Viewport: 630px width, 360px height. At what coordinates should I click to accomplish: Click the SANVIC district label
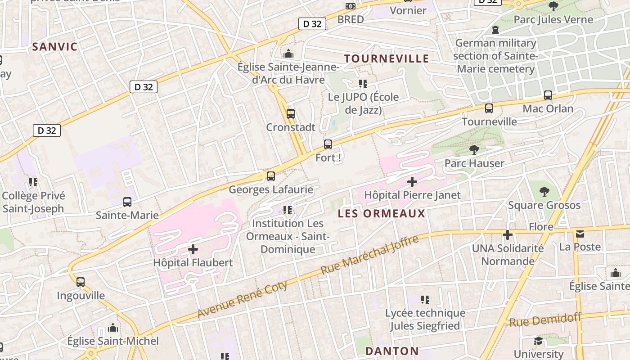click(55, 46)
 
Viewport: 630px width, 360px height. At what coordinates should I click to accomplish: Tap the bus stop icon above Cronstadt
click(291, 114)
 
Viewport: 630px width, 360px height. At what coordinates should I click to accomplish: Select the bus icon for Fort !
click(328, 144)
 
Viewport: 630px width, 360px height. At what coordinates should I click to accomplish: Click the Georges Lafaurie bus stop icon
click(270, 176)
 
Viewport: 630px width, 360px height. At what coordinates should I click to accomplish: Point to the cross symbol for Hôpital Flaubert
click(193, 249)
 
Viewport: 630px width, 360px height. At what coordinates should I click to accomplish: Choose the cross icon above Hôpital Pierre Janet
click(412, 182)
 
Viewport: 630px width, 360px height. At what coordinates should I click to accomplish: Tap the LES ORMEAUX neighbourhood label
click(382, 213)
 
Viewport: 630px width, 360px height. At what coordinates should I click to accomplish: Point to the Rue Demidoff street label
click(545, 320)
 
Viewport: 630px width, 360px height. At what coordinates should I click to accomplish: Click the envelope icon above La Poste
click(580, 234)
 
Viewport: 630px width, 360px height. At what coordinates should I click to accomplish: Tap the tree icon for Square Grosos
click(544, 192)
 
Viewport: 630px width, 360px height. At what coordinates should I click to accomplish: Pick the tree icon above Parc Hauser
click(474, 150)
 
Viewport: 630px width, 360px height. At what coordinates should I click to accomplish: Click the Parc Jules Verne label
click(553, 19)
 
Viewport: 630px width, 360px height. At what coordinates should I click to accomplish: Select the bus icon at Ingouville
click(81, 282)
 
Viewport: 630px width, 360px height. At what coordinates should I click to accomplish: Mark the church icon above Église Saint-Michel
click(113, 328)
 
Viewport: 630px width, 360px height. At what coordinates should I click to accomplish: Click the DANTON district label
click(392, 351)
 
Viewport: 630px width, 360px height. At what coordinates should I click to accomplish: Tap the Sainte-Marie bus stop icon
click(127, 202)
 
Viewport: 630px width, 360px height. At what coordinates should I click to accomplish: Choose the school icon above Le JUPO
click(363, 84)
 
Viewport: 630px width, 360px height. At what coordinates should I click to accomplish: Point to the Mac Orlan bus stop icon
click(548, 95)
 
